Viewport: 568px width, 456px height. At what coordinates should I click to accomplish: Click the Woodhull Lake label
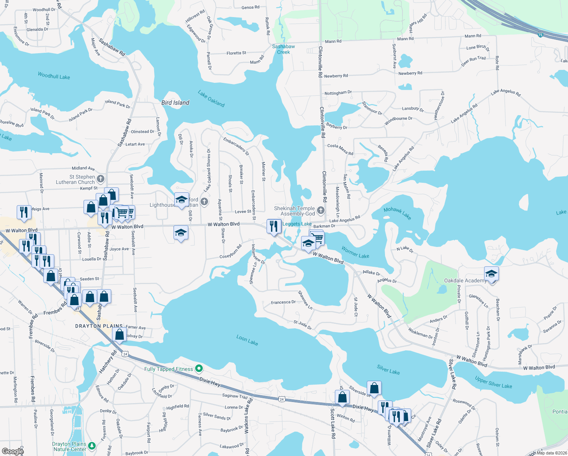(x=54, y=76)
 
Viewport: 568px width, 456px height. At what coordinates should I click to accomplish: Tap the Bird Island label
(x=175, y=103)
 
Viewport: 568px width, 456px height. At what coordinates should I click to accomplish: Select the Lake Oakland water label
(x=211, y=98)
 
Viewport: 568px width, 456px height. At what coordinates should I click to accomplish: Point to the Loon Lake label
(x=247, y=340)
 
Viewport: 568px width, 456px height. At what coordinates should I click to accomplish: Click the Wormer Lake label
(x=355, y=252)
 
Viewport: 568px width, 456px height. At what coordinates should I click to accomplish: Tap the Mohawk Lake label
(x=397, y=213)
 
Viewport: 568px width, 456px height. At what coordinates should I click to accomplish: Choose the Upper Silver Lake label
(x=493, y=382)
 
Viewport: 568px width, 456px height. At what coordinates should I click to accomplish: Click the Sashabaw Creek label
(x=283, y=49)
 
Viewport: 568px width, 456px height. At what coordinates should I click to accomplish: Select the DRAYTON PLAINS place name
(x=99, y=326)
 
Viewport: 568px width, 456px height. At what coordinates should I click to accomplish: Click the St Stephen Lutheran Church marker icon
(x=101, y=179)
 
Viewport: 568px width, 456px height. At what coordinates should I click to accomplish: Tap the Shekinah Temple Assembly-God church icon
(x=321, y=210)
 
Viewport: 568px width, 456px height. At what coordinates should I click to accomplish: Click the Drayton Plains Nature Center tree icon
(x=92, y=445)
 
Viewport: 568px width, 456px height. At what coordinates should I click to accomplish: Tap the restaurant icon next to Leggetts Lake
(x=274, y=226)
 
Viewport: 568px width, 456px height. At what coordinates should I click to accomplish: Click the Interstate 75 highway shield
(x=540, y=35)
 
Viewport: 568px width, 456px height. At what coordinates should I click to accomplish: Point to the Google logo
(x=13, y=451)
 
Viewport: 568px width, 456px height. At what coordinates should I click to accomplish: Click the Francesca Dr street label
(x=283, y=302)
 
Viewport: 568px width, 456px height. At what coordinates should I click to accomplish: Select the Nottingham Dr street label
(x=338, y=93)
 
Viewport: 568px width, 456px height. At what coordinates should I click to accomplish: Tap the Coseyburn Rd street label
(x=230, y=252)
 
